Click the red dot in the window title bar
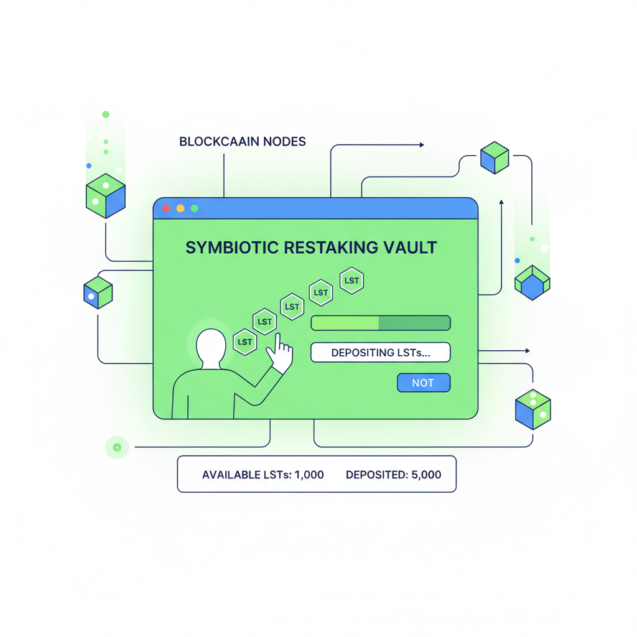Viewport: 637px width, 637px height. tap(166, 208)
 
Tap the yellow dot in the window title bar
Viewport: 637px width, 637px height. tap(180, 208)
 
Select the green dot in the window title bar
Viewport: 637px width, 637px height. tap(195, 208)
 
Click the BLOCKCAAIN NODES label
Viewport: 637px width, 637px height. tap(242, 142)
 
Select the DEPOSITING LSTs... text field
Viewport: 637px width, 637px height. tap(380, 353)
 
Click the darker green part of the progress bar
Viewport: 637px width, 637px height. tap(414, 323)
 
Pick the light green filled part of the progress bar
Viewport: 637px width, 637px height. tap(345, 323)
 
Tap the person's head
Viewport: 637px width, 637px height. tap(211, 348)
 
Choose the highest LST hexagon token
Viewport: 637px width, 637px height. tap(351, 281)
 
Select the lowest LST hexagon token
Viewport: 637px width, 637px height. tap(245, 342)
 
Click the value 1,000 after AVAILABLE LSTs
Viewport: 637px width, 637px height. tap(309, 475)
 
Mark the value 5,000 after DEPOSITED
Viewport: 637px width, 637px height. tap(426, 475)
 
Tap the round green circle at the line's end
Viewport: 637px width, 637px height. tap(117, 447)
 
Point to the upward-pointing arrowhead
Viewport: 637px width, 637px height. tap(501, 202)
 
